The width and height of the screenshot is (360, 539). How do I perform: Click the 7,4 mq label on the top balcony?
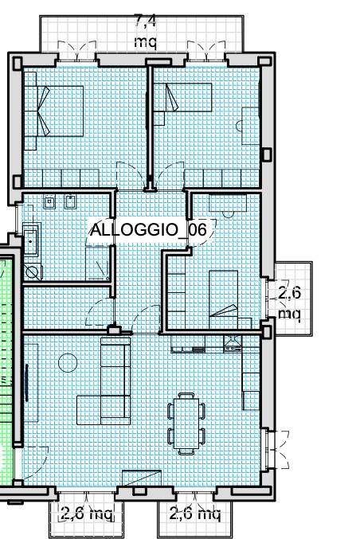pyautogui.click(x=145, y=31)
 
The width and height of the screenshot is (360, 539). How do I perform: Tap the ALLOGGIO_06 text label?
pyautogui.click(x=148, y=229)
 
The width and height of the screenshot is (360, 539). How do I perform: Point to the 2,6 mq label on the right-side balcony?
pyautogui.click(x=290, y=303)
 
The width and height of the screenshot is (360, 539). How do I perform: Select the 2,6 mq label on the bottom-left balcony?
pyautogui.click(x=87, y=514)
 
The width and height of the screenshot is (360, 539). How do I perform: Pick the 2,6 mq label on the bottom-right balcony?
pyautogui.click(x=194, y=514)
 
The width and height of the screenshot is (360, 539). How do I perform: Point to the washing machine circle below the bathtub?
pyautogui.click(x=33, y=271)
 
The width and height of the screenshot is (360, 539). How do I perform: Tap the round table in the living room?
pyautogui.click(x=68, y=363)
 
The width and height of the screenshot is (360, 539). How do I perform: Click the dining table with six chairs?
pyautogui.click(x=186, y=422)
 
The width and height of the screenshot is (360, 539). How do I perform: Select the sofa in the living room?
pyautogui.click(x=115, y=381)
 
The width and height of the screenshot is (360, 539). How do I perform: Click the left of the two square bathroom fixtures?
pyautogui.click(x=49, y=202)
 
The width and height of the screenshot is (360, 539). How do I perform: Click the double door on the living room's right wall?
pyautogui.click(x=274, y=450)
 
